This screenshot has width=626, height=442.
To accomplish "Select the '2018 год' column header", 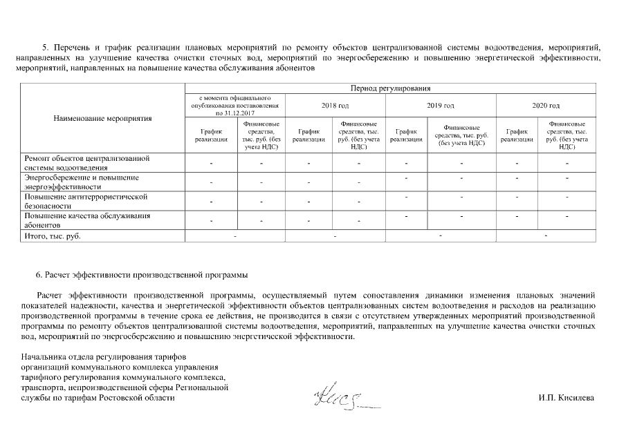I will pos(335,105).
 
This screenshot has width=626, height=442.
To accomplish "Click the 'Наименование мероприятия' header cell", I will pos(102,118).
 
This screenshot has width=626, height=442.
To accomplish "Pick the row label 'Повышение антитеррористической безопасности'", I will pos(86,201).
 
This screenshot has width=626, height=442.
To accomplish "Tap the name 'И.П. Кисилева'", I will pos(566,398).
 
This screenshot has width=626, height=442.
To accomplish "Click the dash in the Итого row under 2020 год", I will pos(546,237).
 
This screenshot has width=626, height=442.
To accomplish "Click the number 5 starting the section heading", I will pos(44,48).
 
